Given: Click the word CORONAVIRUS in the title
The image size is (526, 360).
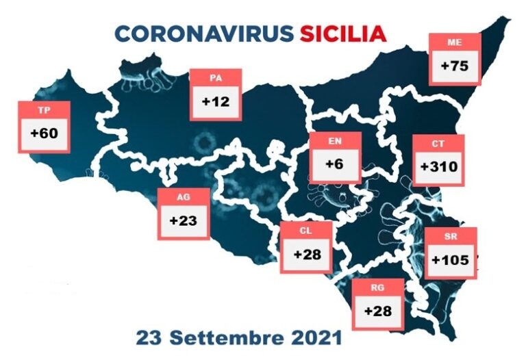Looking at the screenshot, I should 202,34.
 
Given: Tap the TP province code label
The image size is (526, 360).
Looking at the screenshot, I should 42,110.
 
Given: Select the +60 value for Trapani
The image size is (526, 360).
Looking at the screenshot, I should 44,133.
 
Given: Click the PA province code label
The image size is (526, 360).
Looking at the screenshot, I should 216,79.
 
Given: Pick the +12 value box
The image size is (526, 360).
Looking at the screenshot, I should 216,102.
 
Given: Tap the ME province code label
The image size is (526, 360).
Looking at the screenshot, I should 454,42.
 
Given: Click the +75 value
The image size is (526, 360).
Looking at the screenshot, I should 454,66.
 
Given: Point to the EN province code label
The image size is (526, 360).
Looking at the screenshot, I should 335,142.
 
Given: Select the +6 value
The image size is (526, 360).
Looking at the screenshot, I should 335,166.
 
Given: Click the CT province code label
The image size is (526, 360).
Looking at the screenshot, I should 438,144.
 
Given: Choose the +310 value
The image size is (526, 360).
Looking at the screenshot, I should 438,166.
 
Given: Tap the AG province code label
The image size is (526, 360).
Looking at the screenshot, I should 183,197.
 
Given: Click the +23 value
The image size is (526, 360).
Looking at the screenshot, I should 183,221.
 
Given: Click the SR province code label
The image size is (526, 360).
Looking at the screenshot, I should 450,237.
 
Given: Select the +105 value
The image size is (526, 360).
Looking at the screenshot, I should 450,260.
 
